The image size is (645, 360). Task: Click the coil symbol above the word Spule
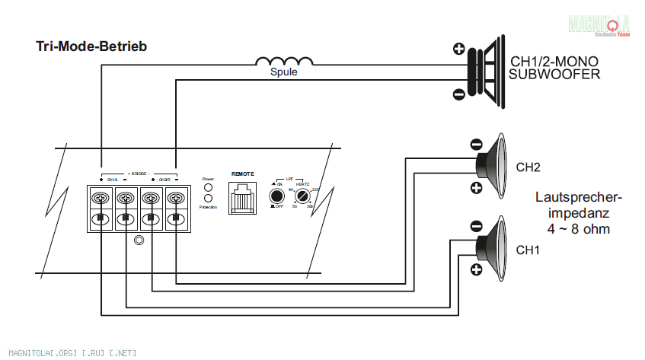(x=283, y=62)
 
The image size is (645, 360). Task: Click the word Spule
(x=284, y=73)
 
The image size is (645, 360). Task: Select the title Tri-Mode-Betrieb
(x=91, y=46)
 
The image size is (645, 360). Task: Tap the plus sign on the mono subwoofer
(x=458, y=50)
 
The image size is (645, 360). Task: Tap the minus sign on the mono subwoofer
(x=458, y=94)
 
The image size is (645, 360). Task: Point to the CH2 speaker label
(x=528, y=167)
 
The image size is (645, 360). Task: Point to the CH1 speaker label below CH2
(x=528, y=250)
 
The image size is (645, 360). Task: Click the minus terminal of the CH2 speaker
(x=476, y=143)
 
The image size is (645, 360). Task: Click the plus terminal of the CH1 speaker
(x=476, y=270)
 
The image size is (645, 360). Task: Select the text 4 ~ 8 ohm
(x=579, y=228)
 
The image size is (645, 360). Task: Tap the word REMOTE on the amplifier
(x=242, y=174)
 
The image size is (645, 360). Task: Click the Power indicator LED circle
(x=207, y=186)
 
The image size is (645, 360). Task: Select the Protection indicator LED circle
(x=207, y=198)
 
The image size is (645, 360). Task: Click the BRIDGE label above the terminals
(x=138, y=173)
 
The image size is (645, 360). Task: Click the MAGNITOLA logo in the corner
(x=599, y=25)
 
